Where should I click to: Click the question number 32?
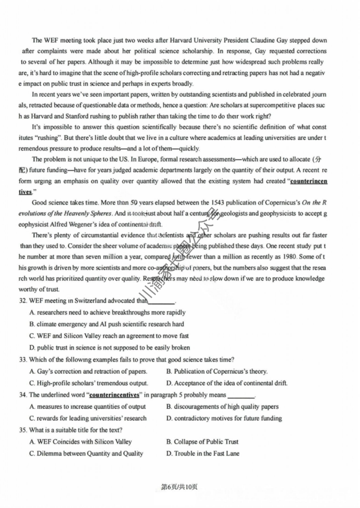(23, 301)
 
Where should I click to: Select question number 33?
(23, 359)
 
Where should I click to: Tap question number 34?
(23, 395)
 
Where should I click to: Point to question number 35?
(23, 430)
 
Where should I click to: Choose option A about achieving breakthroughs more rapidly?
(107, 312)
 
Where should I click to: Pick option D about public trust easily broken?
(109, 347)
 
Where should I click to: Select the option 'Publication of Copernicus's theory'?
(217, 371)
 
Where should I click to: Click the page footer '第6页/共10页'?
(179, 487)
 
